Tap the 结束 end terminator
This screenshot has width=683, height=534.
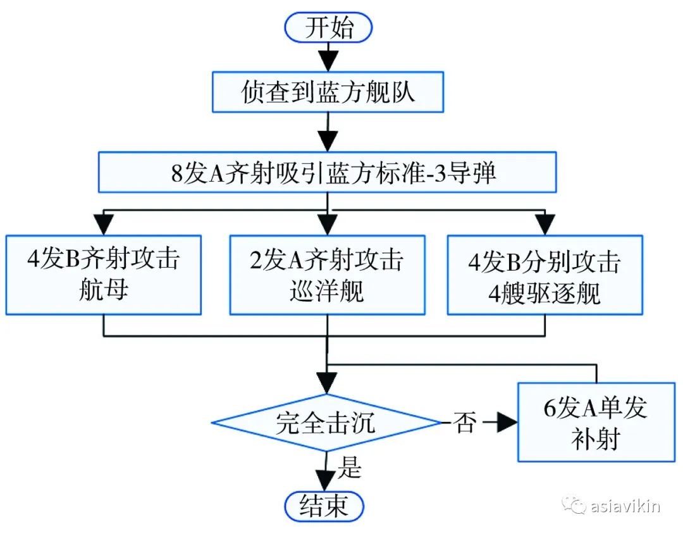(x=326, y=506)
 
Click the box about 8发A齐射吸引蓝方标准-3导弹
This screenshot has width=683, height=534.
(x=328, y=171)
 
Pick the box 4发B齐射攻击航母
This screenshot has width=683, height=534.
(x=103, y=275)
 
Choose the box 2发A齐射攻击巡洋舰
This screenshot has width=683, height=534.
(x=328, y=275)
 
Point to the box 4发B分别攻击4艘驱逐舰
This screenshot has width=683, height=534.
(x=545, y=275)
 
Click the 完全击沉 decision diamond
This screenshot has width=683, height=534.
(x=326, y=423)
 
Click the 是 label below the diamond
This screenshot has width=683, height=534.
(x=350, y=468)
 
